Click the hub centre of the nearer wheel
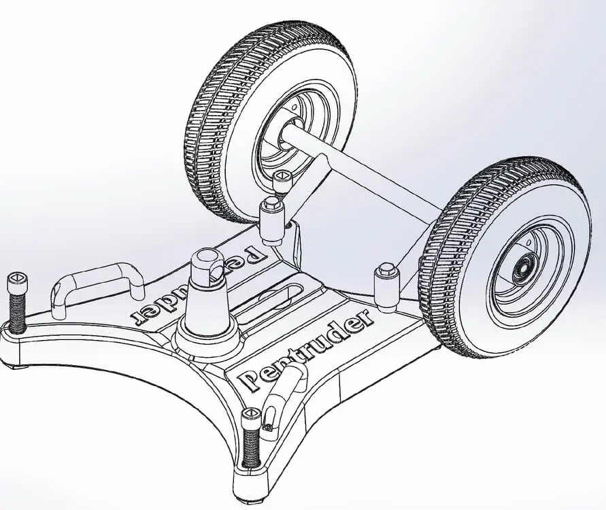click(x=522, y=269)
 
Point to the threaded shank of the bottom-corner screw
click(x=252, y=449)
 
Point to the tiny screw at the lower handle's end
click(x=269, y=428)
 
